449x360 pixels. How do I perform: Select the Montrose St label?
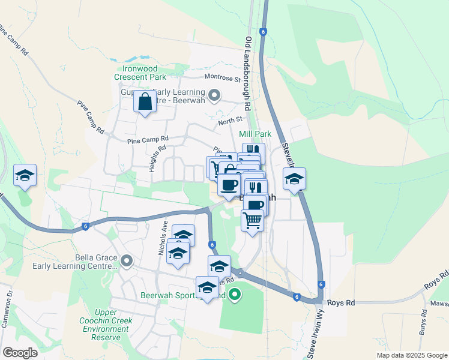pos(222,79)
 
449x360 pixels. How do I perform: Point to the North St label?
pos(229,121)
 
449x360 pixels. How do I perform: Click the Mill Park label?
pos(255,134)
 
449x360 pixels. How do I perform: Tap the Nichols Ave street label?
pos(163,236)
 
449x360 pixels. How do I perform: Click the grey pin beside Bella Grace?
pos(127,260)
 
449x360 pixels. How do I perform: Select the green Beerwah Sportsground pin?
pos(235,295)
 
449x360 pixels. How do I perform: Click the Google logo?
pos(20,352)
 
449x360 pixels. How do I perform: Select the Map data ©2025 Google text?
pos(411,355)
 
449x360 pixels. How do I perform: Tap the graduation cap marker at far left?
pos(25,175)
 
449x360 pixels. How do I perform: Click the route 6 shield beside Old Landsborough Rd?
pos(262,31)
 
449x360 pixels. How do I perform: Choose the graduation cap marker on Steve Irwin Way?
pos(294,179)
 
